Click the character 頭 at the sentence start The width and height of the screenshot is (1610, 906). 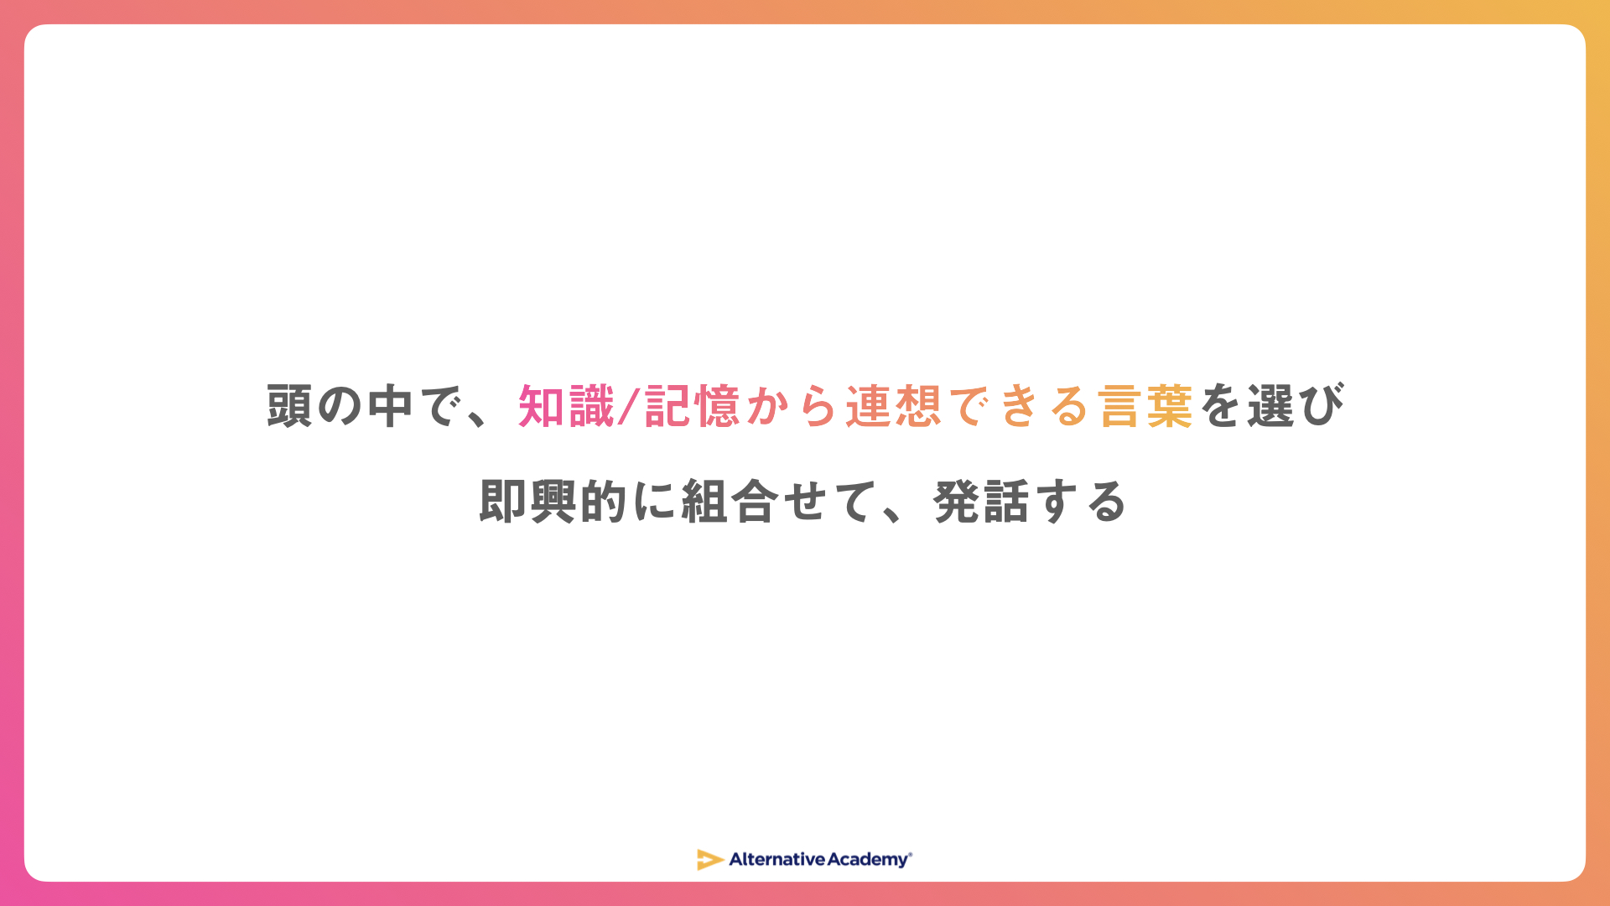point(290,406)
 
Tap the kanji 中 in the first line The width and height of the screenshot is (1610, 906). point(391,406)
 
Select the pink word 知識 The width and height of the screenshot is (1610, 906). point(566,406)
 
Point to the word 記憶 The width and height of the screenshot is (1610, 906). point(692,406)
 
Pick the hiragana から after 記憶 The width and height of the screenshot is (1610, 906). point(792,407)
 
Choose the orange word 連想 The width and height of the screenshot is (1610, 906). point(893,406)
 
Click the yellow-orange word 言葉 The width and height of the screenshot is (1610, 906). point(1145,406)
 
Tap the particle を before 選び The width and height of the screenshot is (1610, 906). point(1220,407)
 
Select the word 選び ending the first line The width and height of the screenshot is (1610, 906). point(1296,406)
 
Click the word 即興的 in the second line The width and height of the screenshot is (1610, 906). point(553,502)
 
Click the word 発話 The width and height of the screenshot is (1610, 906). point(981,502)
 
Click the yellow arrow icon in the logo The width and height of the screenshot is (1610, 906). point(710,859)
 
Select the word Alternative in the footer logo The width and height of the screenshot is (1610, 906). point(777,859)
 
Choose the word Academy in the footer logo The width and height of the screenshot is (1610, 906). point(868,860)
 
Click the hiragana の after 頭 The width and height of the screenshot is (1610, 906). point(340,407)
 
